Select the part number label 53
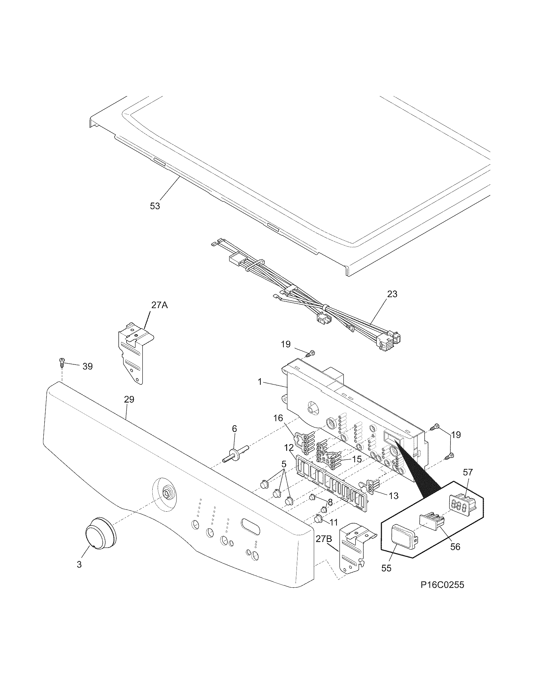(x=155, y=206)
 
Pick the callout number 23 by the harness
(x=392, y=294)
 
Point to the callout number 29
(x=129, y=400)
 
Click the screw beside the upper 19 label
(x=312, y=353)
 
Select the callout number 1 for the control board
(x=260, y=382)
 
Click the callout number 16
(x=278, y=419)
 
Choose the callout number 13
(x=394, y=496)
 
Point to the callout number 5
(x=283, y=465)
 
